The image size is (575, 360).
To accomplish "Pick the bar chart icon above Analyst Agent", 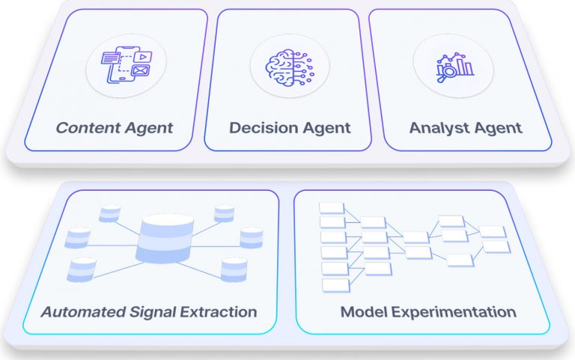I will click(x=455, y=67).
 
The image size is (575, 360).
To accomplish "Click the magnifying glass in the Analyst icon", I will click(x=447, y=71).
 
